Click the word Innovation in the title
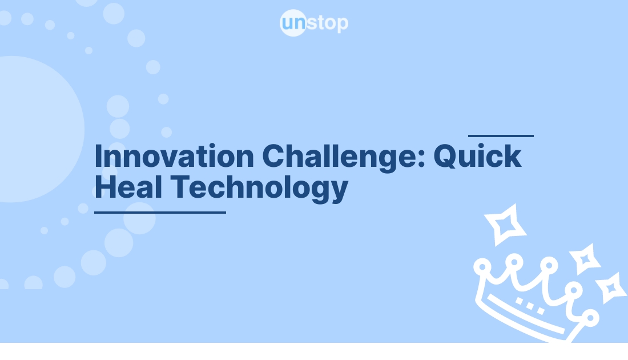click(174, 156)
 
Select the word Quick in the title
click(477, 156)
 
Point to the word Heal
click(128, 187)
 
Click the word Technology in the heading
click(260, 189)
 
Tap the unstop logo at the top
click(314, 23)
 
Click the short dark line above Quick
click(501, 136)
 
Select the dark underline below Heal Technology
click(160, 213)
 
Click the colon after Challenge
click(421, 159)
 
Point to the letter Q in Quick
click(446, 156)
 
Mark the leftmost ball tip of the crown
click(482, 267)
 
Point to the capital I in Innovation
click(98, 156)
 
